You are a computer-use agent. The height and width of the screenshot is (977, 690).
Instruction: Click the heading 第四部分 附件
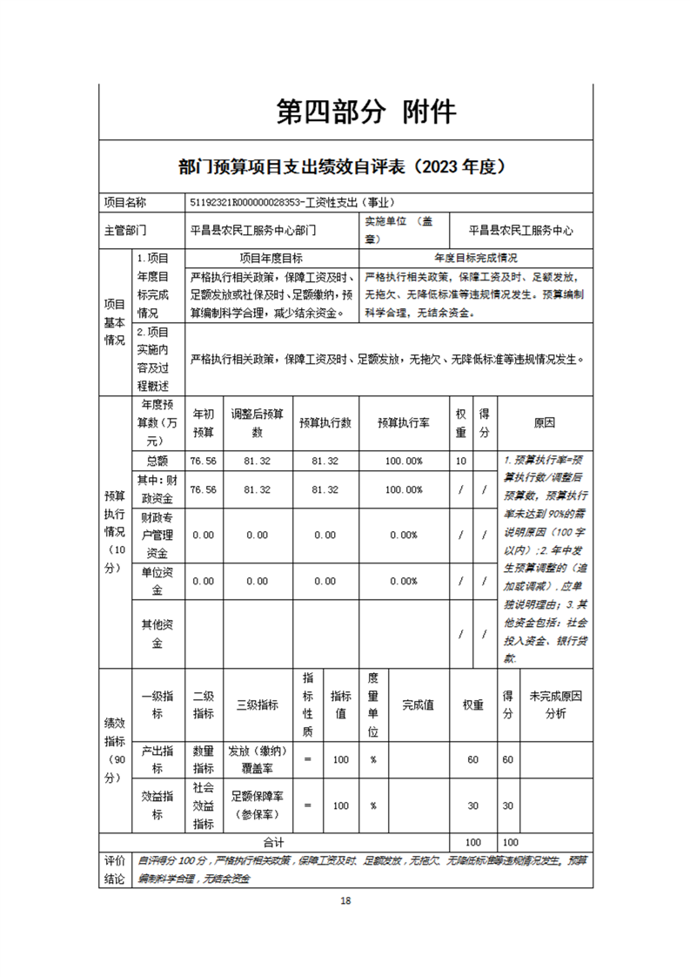[365, 111]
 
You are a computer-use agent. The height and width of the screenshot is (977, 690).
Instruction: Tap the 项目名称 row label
[125, 202]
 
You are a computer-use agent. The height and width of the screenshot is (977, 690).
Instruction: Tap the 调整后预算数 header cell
[257, 423]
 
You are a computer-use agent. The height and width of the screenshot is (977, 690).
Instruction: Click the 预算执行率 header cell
[405, 423]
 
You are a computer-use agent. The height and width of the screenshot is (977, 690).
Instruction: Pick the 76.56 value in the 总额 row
[203, 461]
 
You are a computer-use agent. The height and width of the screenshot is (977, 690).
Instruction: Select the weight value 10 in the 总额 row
[460, 461]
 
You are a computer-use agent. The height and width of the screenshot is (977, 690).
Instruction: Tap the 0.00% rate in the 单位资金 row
[405, 581]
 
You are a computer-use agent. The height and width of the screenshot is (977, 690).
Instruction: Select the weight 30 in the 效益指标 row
[472, 806]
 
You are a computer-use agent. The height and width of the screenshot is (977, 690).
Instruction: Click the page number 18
[345, 900]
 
